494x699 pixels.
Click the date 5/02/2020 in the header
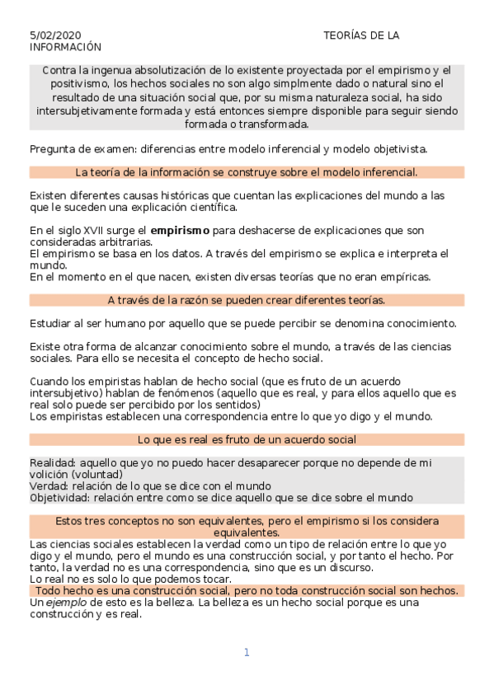click(x=55, y=35)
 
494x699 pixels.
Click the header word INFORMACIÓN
click(x=65, y=48)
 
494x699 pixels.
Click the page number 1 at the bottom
click(x=246, y=653)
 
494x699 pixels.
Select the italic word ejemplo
click(x=61, y=603)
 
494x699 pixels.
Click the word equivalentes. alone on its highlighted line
click(x=247, y=533)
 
